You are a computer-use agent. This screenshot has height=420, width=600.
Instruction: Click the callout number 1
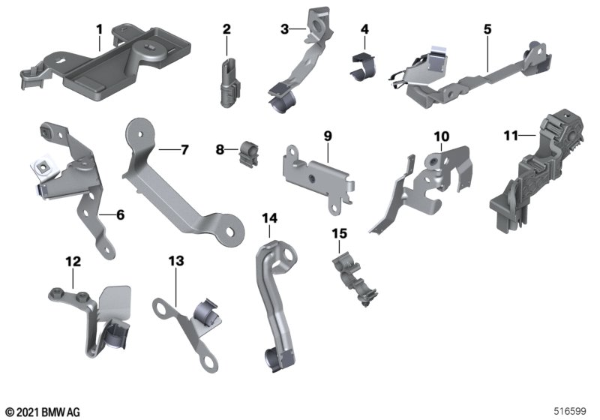100,29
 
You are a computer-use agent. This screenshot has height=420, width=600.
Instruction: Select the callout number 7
184,150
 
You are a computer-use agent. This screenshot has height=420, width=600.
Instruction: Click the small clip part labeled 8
248,154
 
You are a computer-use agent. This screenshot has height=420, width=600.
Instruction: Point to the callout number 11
511,136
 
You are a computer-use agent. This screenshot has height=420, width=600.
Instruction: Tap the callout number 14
269,218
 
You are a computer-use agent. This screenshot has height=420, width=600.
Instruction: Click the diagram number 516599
570,411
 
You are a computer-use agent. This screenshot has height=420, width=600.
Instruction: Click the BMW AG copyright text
43,412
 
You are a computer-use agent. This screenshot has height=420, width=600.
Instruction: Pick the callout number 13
176,261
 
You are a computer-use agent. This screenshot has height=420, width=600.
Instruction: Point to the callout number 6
121,215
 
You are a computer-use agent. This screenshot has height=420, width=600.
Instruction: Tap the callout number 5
487,29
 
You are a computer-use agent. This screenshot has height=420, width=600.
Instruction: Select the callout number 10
442,136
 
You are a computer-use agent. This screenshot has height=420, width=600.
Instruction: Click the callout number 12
73,262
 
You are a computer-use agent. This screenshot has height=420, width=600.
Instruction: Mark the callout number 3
285,29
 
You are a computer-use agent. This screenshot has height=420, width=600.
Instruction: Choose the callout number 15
340,233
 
